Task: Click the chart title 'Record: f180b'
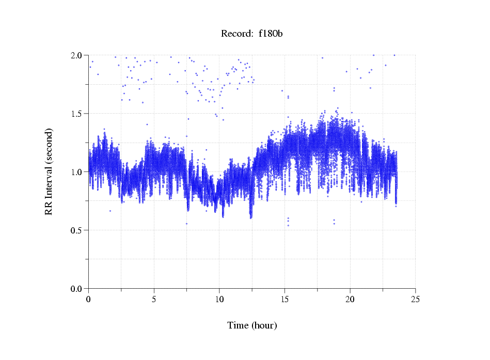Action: [x=252, y=34]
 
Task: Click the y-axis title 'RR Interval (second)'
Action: [x=49, y=171]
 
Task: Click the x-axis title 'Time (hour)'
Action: [x=252, y=325]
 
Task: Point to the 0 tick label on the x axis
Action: [x=89, y=299]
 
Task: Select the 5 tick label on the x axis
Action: [x=154, y=299]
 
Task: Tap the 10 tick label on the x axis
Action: [x=219, y=299]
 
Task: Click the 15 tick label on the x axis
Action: [x=284, y=299]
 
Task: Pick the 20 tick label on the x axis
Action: [x=350, y=299]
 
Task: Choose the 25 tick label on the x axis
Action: [x=415, y=299]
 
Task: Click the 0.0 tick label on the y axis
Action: [x=76, y=289]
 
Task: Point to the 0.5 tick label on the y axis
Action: [x=76, y=230]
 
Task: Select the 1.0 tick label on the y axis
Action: [x=76, y=172]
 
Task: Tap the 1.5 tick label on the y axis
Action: [x=76, y=114]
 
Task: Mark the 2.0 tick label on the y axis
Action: [x=76, y=55]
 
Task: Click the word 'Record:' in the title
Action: [x=237, y=34]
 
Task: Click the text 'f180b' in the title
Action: [x=271, y=34]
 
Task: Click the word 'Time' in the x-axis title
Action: [x=238, y=325]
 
